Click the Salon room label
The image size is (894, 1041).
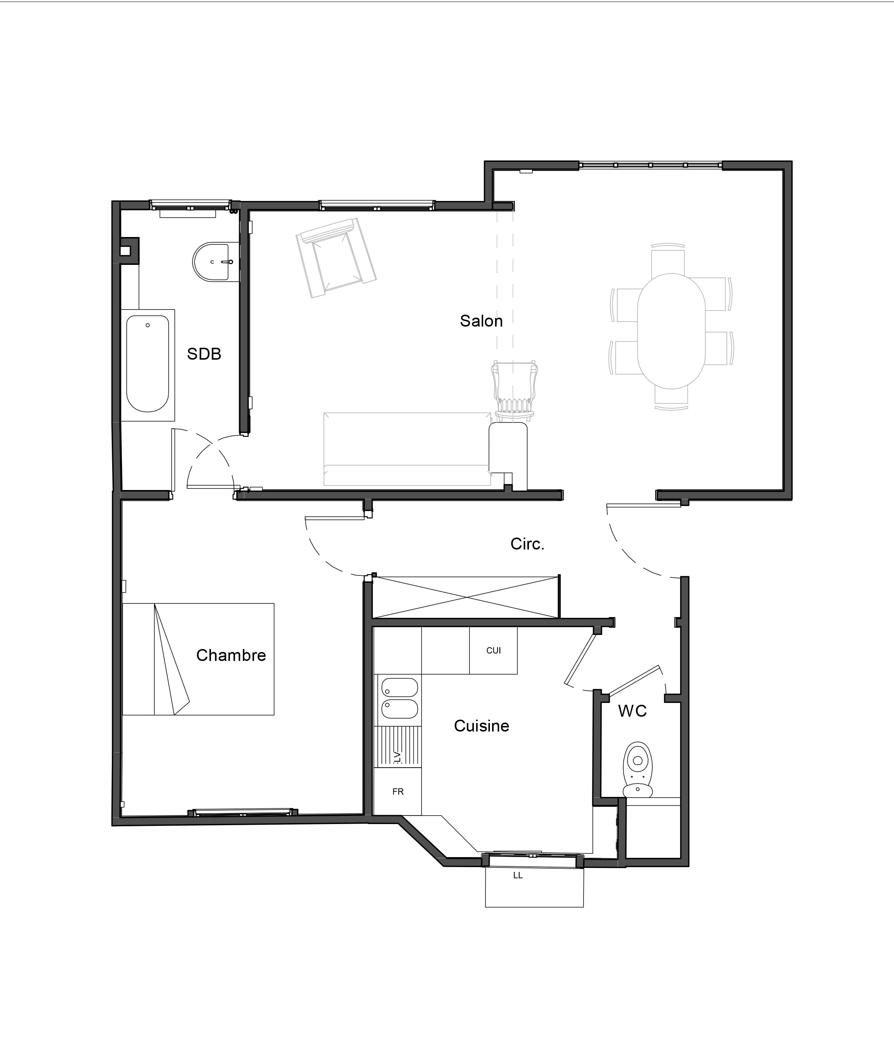click(x=481, y=321)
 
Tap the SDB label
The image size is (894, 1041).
click(x=204, y=354)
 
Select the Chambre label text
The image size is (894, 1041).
click(x=231, y=655)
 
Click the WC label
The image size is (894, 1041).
click(x=632, y=711)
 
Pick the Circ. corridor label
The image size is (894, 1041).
click(x=527, y=544)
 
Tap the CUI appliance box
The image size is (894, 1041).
click(x=493, y=651)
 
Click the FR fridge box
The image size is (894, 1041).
click(x=398, y=791)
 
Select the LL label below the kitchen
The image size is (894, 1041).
click(x=518, y=875)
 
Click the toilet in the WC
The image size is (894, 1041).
click(x=638, y=769)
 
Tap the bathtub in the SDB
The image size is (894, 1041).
click(x=148, y=364)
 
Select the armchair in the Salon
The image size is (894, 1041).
click(x=337, y=258)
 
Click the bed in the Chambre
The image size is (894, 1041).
click(x=198, y=659)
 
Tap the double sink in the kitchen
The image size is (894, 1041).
click(x=400, y=699)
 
